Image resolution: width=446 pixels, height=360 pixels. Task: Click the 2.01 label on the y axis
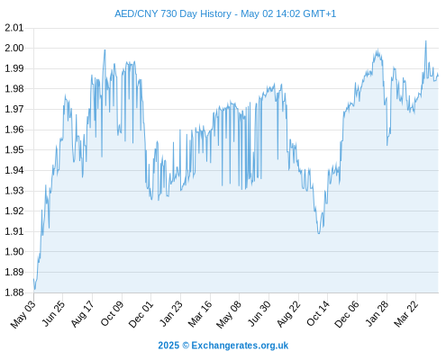pyautogui.click(x=14, y=28)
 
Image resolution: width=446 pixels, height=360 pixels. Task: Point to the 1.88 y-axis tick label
pyautogui.click(x=14, y=292)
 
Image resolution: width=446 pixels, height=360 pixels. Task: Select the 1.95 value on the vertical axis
pyautogui.click(x=14, y=149)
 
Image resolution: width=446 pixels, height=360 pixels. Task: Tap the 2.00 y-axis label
pyautogui.click(x=14, y=48)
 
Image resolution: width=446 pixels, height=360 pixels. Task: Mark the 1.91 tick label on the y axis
pyautogui.click(x=14, y=231)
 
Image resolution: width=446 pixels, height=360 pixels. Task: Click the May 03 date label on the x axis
pyautogui.click(x=23, y=314)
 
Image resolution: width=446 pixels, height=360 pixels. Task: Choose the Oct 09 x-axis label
pyautogui.click(x=112, y=314)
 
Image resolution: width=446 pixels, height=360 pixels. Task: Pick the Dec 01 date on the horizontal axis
pyautogui.click(x=141, y=314)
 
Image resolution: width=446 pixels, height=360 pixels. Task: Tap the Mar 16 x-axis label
pyautogui.click(x=200, y=314)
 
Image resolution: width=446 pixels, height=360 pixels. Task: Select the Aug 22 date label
pyautogui.click(x=288, y=314)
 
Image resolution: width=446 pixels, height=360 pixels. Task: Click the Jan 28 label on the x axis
pyautogui.click(x=377, y=314)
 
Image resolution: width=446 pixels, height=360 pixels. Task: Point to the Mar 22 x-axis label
pyautogui.click(x=405, y=314)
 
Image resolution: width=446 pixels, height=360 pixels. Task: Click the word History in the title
pyautogui.click(x=215, y=14)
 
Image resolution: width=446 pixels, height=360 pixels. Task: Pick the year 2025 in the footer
pyautogui.click(x=168, y=346)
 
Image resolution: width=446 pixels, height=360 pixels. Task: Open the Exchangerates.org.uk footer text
pyautogui.click(x=240, y=346)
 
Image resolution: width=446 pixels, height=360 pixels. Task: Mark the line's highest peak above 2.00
pyautogui.click(x=425, y=40)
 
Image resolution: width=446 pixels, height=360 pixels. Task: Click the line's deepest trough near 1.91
pyautogui.click(x=319, y=233)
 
